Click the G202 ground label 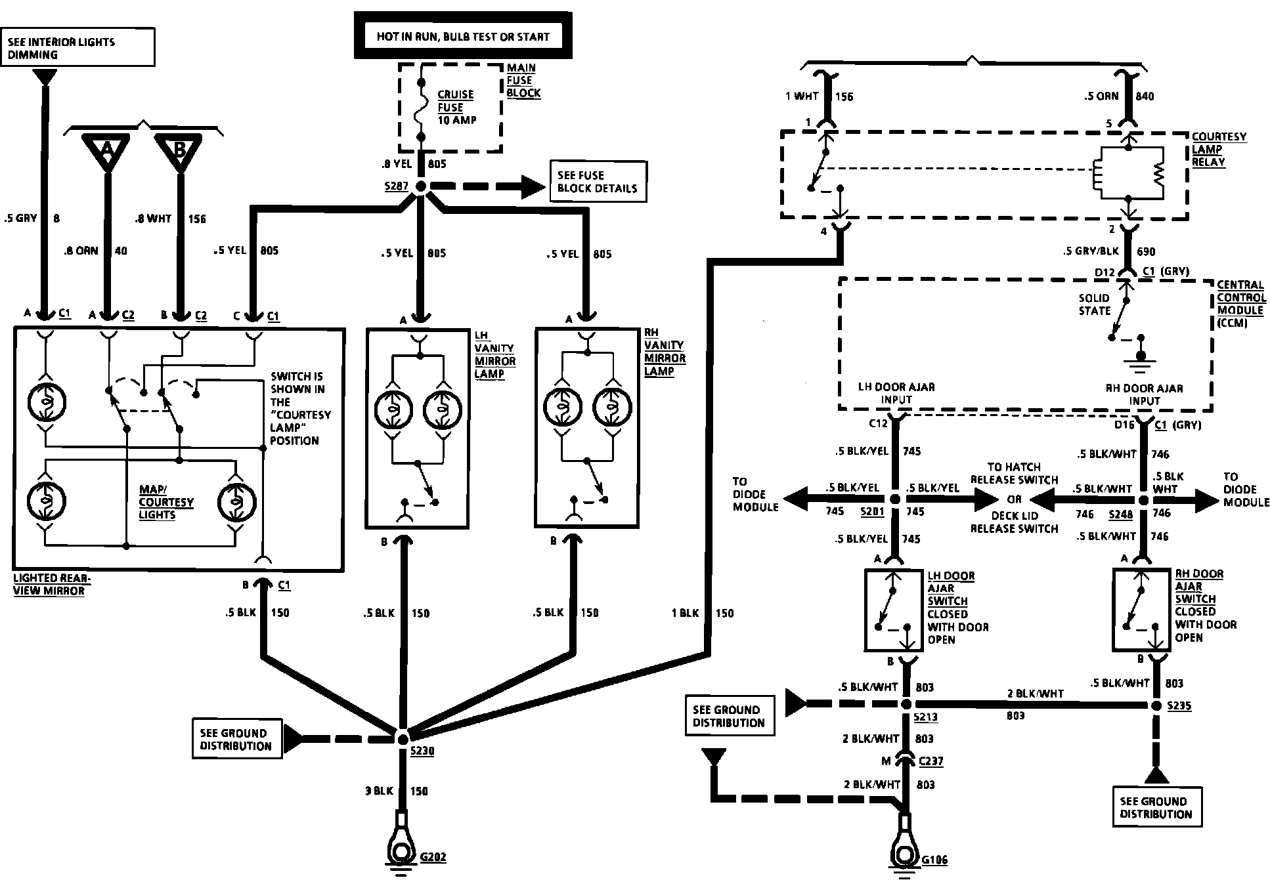point(433,856)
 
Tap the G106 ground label point(934,860)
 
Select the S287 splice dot point(421,187)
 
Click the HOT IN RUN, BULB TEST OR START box point(462,37)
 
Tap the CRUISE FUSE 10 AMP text point(456,108)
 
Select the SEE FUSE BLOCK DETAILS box point(597,182)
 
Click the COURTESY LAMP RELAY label point(1219,150)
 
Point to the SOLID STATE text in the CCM point(1094,304)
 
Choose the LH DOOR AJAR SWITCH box point(892,610)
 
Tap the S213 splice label point(925,718)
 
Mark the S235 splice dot point(1156,705)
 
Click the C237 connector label point(931,761)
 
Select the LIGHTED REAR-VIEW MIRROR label point(52,584)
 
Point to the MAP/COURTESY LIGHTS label point(166,502)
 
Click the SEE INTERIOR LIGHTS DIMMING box point(77,47)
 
